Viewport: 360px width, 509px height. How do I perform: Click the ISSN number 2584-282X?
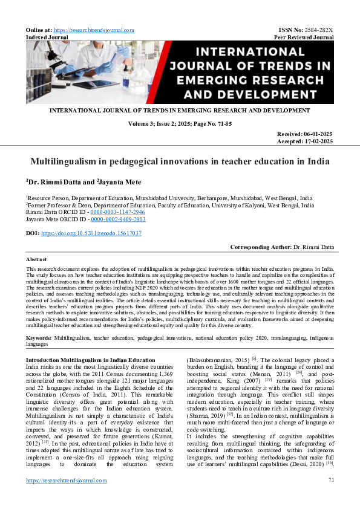pyautogui.click(x=319, y=30)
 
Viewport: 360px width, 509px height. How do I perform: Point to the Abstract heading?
pyautogui.click(x=37, y=259)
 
